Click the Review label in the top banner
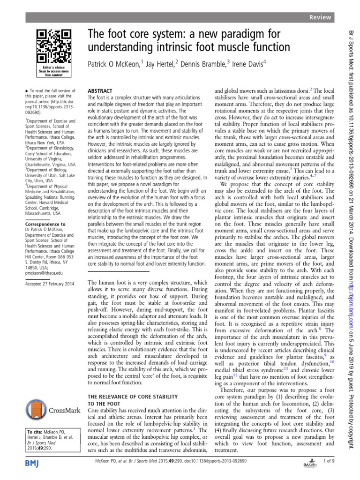[x=321, y=17]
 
